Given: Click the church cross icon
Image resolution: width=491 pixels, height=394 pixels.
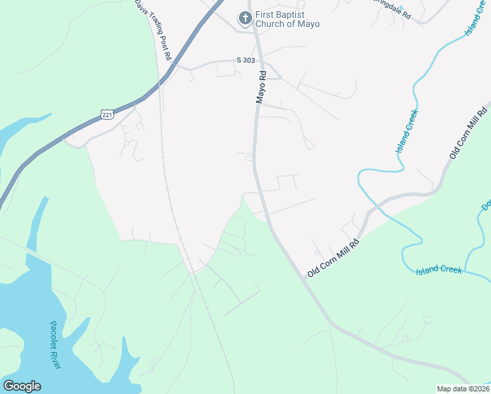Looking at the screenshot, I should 245,18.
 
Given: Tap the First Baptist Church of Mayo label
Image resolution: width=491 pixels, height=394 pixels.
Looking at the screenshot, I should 288,19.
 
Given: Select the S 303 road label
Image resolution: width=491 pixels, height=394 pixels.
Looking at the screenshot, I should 245,60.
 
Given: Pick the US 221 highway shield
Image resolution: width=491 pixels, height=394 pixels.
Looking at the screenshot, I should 108,115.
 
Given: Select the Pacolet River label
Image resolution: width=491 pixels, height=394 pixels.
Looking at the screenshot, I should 55,345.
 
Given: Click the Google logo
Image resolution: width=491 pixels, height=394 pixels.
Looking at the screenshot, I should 22,386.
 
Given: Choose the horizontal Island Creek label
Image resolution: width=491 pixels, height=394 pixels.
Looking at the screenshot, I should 440,270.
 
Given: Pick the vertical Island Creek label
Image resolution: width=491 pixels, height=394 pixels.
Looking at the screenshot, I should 407,132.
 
